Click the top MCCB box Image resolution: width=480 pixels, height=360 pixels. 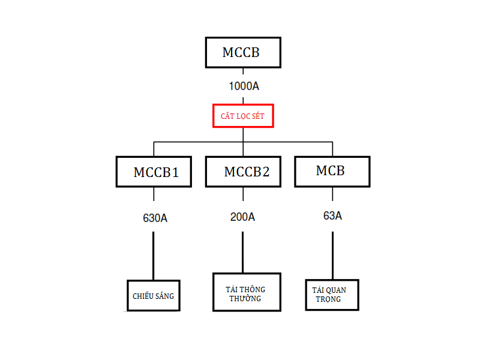point(242,52)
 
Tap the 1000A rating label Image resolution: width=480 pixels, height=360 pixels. point(244,86)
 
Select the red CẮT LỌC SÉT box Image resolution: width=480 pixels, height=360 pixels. point(243,115)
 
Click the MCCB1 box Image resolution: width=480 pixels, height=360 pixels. point(155,172)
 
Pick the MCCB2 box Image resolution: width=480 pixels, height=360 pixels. point(243,172)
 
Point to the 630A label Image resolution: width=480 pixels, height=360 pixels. point(155,218)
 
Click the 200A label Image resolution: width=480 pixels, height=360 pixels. point(242,217)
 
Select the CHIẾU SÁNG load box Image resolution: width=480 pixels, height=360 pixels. point(154,295)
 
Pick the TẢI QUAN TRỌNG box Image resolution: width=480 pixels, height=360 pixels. point(332,295)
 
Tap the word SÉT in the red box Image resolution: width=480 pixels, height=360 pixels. point(257,116)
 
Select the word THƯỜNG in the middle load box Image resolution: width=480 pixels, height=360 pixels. point(245,298)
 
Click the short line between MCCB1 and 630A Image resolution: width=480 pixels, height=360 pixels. point(154,194)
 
